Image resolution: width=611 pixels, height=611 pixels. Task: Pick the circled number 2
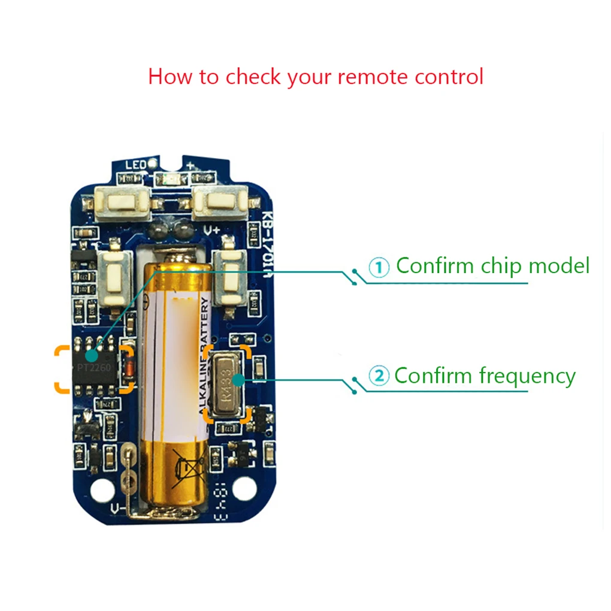coord(379,377)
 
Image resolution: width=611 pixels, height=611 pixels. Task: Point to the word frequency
coord(527,376)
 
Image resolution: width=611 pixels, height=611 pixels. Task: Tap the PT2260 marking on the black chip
coord(93,367)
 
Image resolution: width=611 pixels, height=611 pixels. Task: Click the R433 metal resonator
coord(225,383)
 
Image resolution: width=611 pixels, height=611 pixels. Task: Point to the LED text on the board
coord(135,164)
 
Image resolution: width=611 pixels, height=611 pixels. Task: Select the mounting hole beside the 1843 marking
coord(244,488)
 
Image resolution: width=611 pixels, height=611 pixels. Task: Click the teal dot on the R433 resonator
coord(238,379)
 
